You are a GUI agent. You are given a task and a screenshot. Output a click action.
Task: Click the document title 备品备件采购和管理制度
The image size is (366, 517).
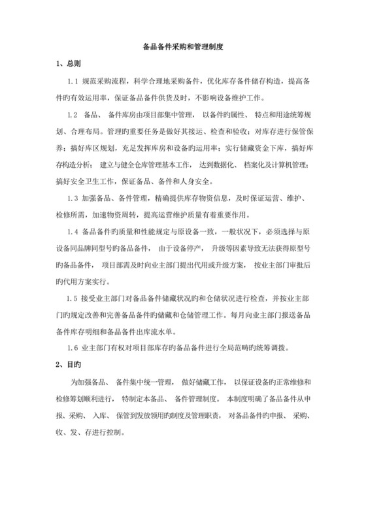click(x=182, y=48)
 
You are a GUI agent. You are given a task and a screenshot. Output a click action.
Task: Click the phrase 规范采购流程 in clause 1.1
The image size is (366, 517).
click(x=105, y=82)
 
